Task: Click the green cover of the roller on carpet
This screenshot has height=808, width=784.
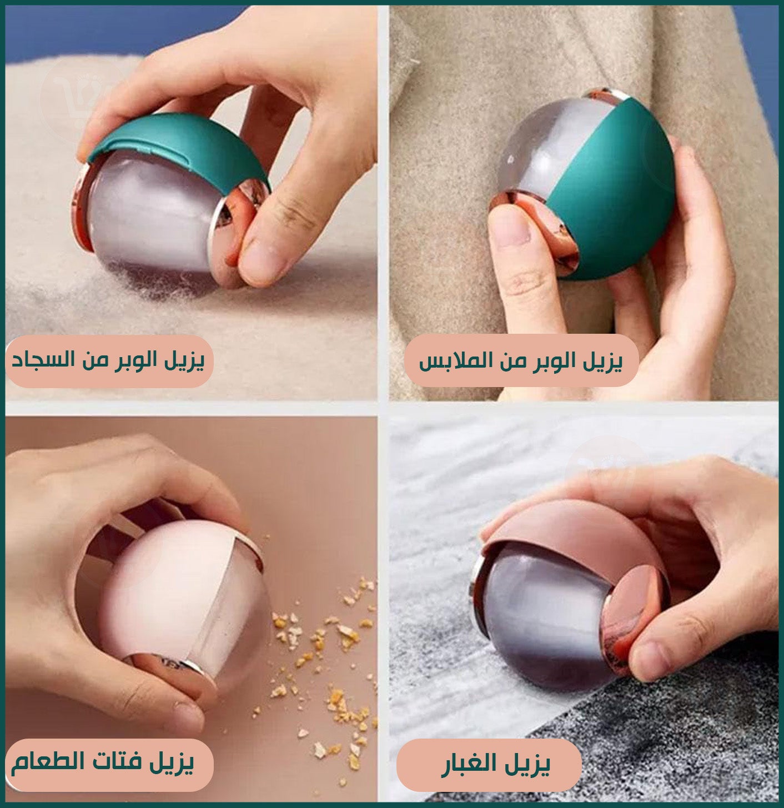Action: click(179, 149)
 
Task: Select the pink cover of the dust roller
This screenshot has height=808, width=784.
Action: click(577, 540)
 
